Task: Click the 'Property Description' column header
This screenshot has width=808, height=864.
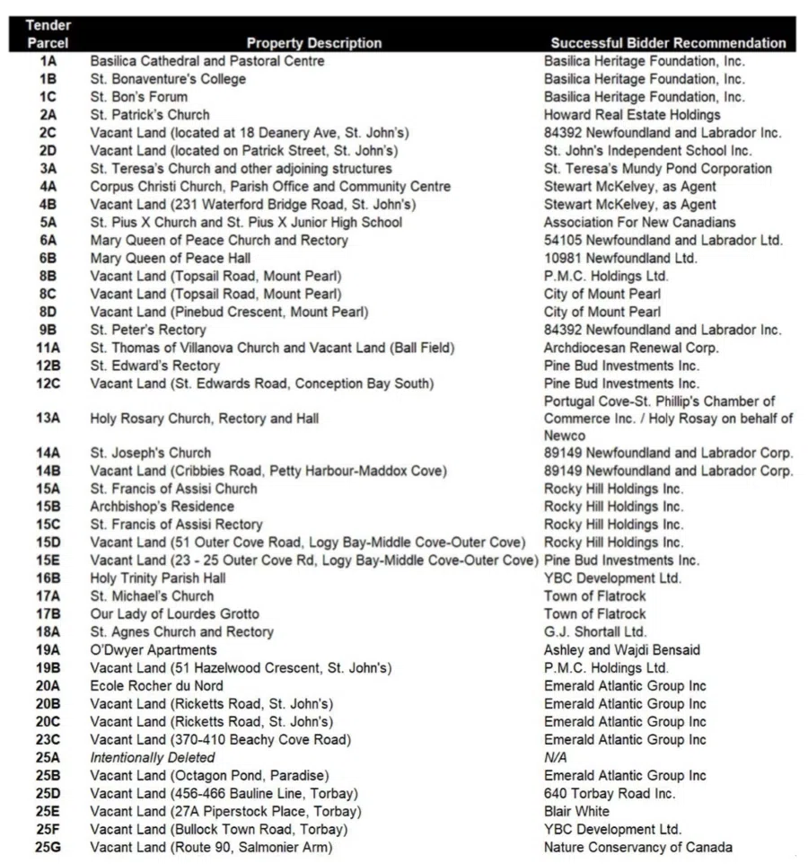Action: coord(313,43)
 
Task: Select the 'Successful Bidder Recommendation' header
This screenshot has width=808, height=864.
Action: coord(668,43)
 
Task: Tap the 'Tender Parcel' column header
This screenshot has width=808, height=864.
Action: coord(48,34)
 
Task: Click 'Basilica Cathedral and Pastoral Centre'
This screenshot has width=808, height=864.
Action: coord(207,61)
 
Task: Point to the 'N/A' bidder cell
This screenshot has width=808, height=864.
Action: coord(556,757)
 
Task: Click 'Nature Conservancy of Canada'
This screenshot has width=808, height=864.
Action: coord(637,847)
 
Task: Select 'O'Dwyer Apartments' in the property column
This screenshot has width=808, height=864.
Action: coord(154,649)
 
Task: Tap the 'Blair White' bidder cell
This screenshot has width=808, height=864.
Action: coord(576,811)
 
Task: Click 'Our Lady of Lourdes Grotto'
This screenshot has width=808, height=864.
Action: coord(174,613)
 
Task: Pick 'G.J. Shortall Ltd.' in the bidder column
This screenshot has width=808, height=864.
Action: coord(594,631)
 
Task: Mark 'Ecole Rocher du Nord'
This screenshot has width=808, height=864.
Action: coord(156,685)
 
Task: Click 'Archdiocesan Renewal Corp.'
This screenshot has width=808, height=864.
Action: coord(631,348)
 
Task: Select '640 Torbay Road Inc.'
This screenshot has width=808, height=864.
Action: coord(610,793)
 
